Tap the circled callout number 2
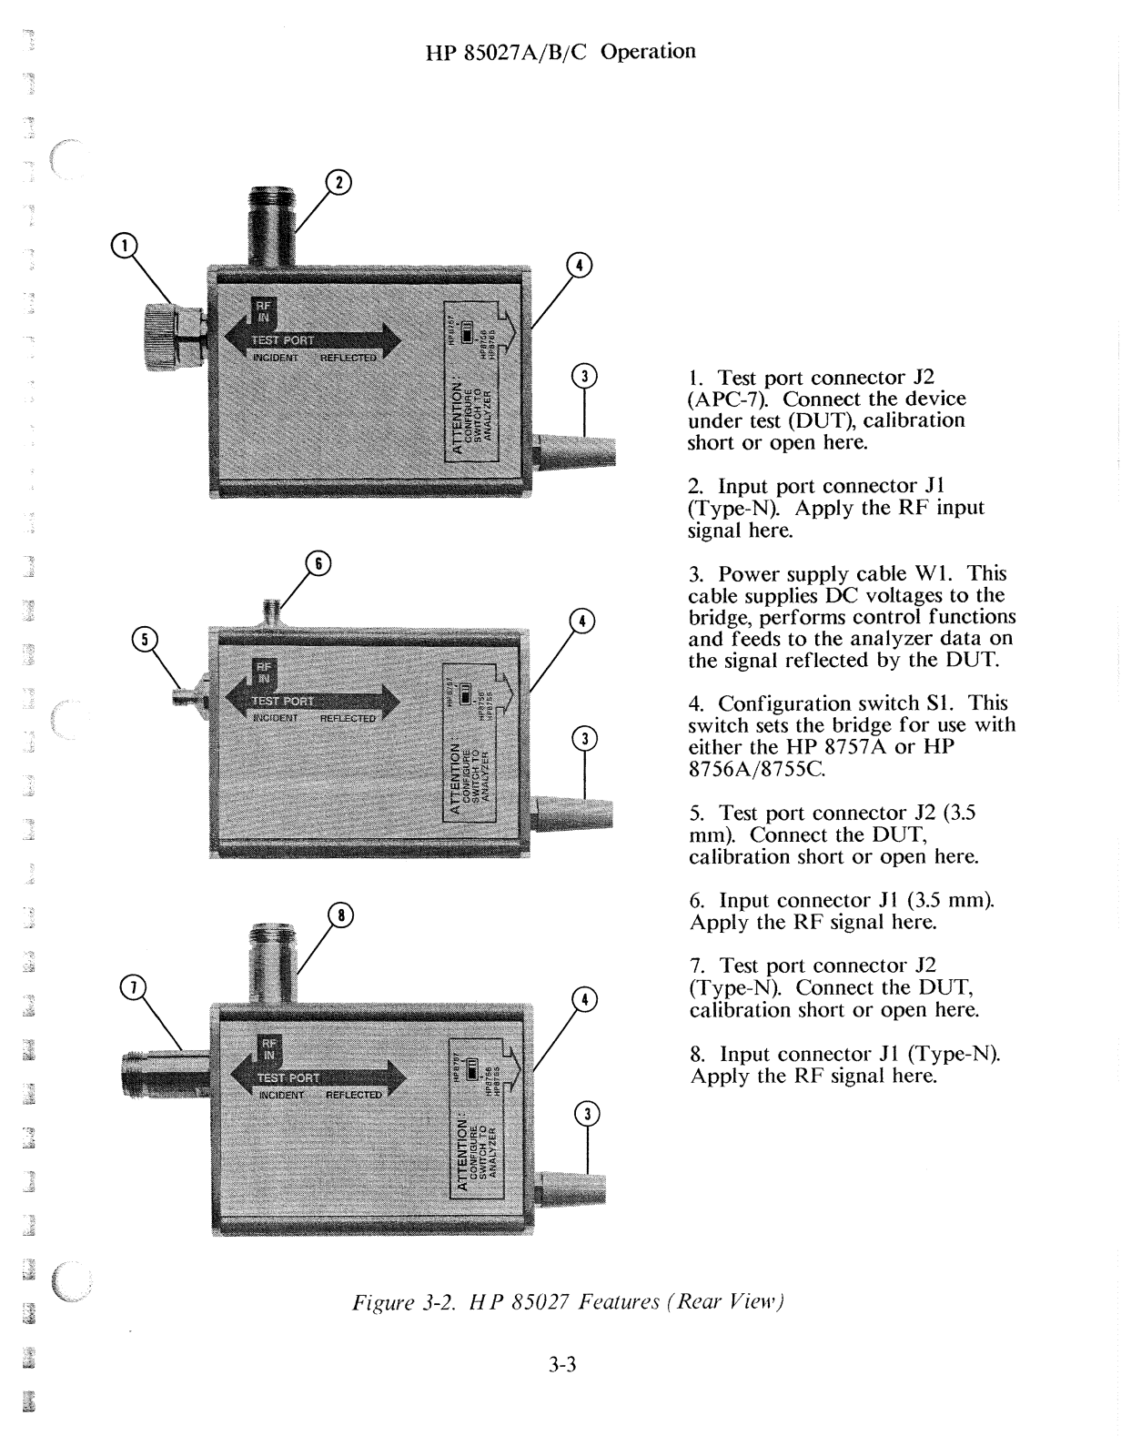[x=338, y=183]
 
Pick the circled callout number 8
[x=341, y=915]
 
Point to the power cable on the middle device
[x=571, y=812]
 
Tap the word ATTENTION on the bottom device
[x=461, y=1155]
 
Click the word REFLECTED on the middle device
[x=348, y=718]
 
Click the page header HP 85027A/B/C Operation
[x=560, y=52]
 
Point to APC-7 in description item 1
[x=726, y=399]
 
